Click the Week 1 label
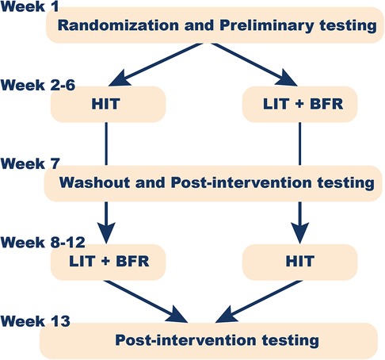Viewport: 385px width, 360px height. pos(29,6)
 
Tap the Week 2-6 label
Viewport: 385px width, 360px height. pos(38,85)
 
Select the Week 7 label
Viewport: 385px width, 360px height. pos(30,163)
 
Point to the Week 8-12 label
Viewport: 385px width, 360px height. pos(43,243)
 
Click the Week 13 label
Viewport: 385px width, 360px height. pos(36,321)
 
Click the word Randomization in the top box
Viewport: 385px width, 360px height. pos(118,25)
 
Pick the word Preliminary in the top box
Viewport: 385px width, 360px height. pos(267,26)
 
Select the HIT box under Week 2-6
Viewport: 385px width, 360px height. pos(108,104)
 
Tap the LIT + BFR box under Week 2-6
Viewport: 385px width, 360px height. pos(299,104)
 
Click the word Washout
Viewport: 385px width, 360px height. pos(94,182)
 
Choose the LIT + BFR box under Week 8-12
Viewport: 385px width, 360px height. pos(108,262)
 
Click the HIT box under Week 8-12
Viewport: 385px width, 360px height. pos(299,262)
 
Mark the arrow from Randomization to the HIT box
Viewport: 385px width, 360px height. pos(156,64)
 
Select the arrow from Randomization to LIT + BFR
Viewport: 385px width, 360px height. pos(254,64)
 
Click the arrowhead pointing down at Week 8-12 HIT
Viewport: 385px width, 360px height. pos(299,232)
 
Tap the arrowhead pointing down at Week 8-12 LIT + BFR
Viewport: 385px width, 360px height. pos(106,232)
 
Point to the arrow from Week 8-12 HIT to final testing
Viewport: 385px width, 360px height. pos(259,301)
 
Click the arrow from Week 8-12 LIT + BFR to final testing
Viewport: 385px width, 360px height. pos(146,301)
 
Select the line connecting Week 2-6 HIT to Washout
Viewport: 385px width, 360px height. pos(106,144)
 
